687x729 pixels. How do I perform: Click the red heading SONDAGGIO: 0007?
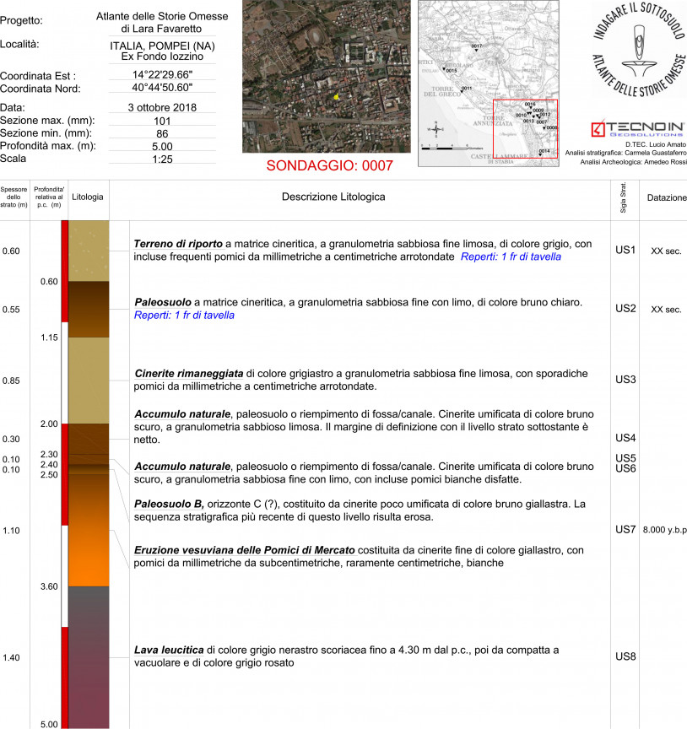click(x=330, y=165)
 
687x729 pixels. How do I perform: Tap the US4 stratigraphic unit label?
click(x=625, y=438)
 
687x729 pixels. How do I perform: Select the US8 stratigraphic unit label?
click(x=625, y=656)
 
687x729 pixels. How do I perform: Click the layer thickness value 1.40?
click(x=13, y=658)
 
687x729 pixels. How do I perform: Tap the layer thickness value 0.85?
click(x=13, y=381)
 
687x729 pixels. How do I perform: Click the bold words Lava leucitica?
click(x=169, y=651)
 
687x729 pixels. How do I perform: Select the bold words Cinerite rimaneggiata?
click(x=189, y=372)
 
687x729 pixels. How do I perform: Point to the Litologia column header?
click(x=88, y=197)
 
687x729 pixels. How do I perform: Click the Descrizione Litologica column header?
click(x=333, y=197)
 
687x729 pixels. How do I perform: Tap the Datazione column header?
click(x=666, y=197)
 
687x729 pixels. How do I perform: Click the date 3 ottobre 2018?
click(x=162, y=108)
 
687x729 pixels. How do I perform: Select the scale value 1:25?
click(x=162, y=159)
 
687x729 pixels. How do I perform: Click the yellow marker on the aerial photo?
click(x=336, y=97)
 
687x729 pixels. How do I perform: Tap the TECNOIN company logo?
click(x=638, y=128)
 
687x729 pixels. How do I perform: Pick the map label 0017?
click(x=476, y=46)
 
